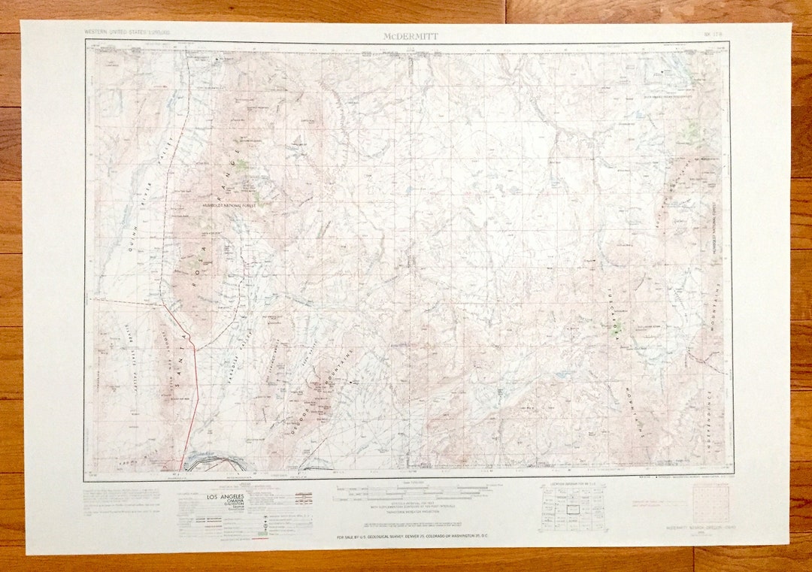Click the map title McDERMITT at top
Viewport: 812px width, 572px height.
(406, 35)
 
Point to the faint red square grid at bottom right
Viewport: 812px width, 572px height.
(710, 503)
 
